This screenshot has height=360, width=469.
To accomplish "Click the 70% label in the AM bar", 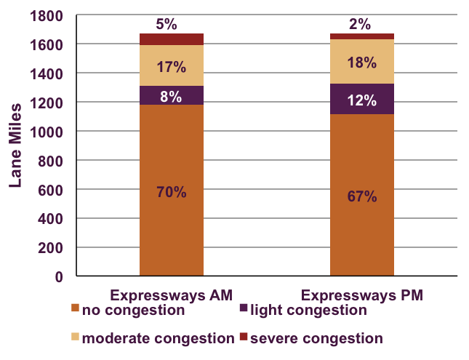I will click(172, 193).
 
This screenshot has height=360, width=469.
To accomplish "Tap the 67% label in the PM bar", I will click(361, 196).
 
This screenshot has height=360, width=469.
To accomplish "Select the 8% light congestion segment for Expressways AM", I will click(172, 96).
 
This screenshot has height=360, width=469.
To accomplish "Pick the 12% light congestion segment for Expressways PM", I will click(361, 100).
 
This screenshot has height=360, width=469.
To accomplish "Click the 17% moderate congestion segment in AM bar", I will click(172, 67).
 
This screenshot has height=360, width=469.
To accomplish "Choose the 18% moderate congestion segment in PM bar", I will click(361, 63).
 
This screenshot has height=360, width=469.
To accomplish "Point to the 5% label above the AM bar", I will click(167, 24).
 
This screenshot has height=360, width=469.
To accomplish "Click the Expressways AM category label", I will click(171, 296).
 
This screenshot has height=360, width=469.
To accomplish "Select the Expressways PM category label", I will click(361, 296).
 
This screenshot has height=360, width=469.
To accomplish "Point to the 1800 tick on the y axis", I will click(48, 15).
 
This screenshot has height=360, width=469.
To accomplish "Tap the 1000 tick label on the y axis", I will click(48, 132).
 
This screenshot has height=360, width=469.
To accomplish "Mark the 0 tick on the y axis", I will click(58, 277).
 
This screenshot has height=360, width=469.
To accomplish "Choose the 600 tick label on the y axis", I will click(52, 190).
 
